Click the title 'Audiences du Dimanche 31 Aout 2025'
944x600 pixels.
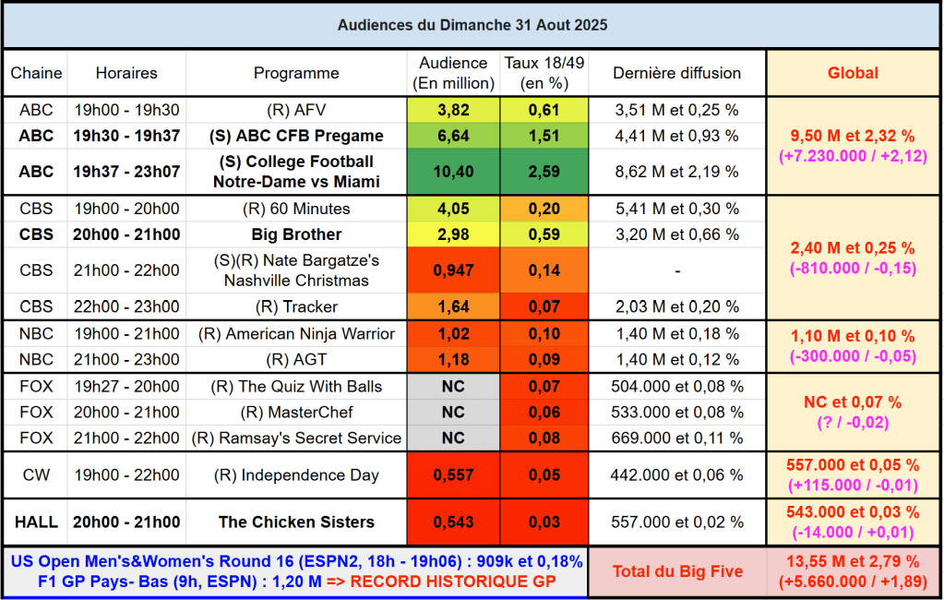472,25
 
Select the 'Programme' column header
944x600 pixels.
296,73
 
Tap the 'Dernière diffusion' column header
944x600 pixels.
676,73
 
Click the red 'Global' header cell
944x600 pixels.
853,73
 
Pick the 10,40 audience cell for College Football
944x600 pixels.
452,172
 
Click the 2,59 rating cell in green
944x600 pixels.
544,172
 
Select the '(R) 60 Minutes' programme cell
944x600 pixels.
296,209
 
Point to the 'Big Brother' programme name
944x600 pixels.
296,234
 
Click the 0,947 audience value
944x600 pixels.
452,270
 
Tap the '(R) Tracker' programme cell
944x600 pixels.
296,306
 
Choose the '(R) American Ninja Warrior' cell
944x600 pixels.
296,334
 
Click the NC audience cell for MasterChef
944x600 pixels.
452,413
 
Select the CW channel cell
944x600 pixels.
36,475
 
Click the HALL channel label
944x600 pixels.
36,522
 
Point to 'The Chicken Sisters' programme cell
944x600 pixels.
296,522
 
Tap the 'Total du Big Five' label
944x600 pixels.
677,571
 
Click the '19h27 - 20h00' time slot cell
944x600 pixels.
127,387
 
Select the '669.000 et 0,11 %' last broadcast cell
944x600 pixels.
676,438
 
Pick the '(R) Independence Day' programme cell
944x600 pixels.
296,475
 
